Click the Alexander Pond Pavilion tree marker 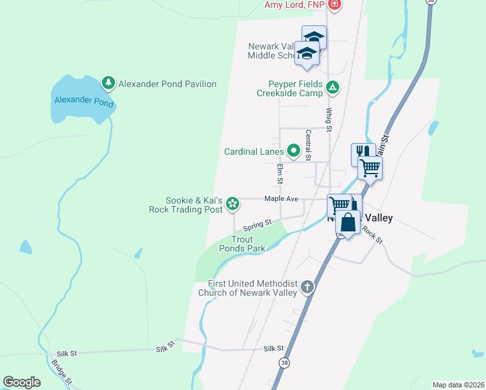pyautogui.click(x=109, y=83)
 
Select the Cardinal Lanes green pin pyautogui.click(x=293, y=151)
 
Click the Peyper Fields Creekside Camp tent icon pyautogui.click(x=333, y=86)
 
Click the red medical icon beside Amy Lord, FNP pyautogui.click(x=335, y=5)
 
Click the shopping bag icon pyautogui.click(x=348, y=222)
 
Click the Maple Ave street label pyautogui.click(x=281, y=199)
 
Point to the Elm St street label pyautogui.click(x=280, y=174)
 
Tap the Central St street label pyautogui.click(x=308, y=146)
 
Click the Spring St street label pyautogui.click(x=257, y=226)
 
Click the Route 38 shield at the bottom pyautogui.click(x=284, y=362)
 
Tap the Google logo pyautogui.click(x=21, y=382)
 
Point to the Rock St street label pyautogui.click(x=372, y=233)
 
